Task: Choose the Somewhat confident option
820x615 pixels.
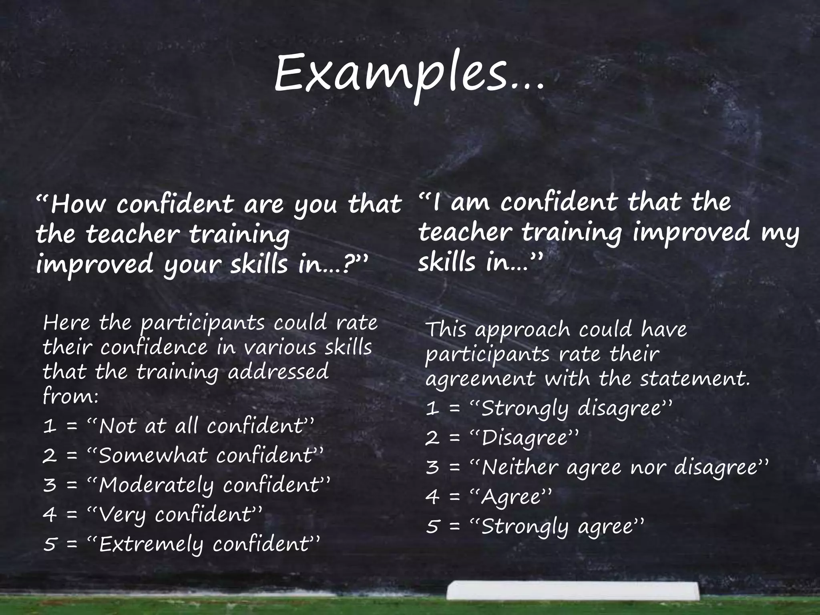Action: (x=210, y=456)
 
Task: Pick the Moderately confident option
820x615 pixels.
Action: (x=214, y=485)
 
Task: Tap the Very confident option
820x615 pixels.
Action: (x=180, y=515)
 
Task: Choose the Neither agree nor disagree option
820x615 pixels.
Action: (x=625, y=467)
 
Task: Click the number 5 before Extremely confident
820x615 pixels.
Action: (x=50, y=545)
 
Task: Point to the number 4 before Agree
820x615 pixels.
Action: (x=432, y=497)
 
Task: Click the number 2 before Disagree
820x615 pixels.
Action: (x=432, y=438)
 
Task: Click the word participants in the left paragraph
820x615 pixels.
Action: (x=202, y=324)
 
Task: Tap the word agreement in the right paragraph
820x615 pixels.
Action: (x=480, y=380)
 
